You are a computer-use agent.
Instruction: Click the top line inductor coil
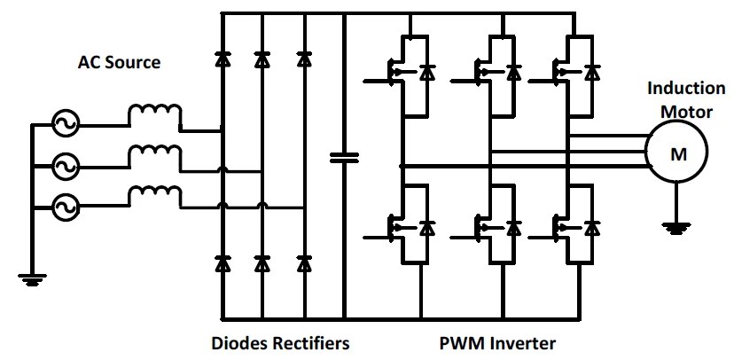pyautogui.click(x=156, y=117)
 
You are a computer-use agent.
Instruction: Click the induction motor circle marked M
pyautogui.click(x=676, y=154)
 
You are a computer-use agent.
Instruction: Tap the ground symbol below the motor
pyautogui.click(x=676, y=229)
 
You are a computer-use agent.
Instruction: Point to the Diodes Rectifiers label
pyautogui.click(x=280, y=342)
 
